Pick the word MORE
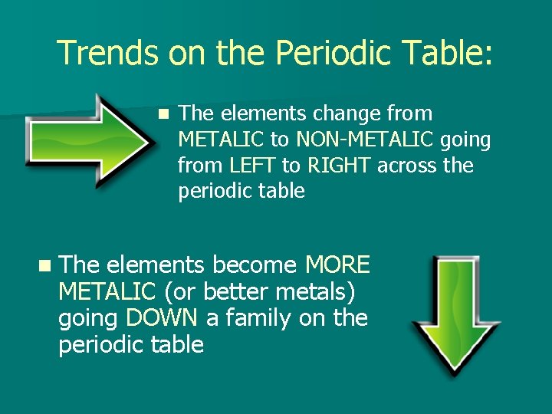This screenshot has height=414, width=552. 337,265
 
